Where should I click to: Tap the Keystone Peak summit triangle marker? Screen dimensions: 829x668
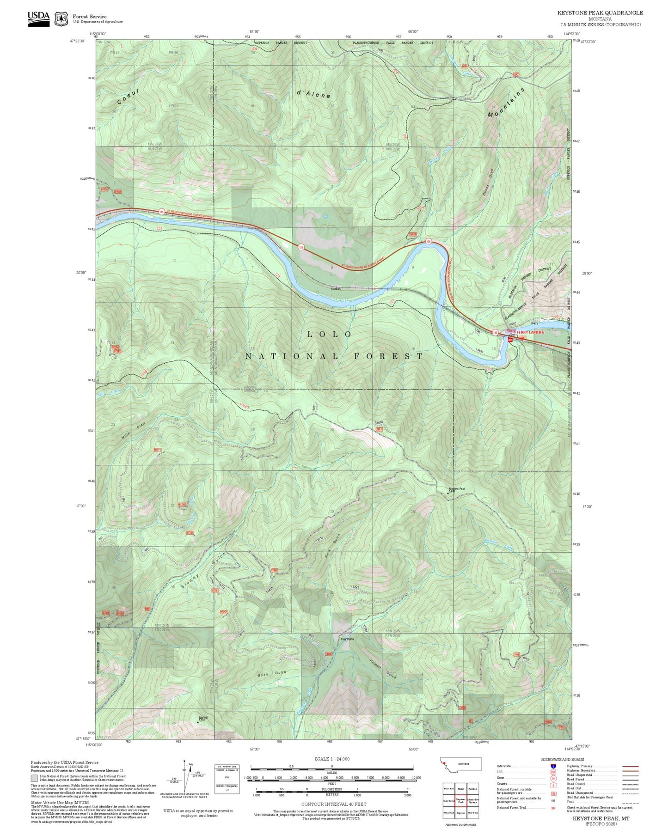point(447,493)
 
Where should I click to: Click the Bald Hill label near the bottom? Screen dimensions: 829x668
point(201,718)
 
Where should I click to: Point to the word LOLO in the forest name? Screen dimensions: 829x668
point(330,334)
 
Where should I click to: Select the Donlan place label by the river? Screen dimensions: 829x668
point(336,289)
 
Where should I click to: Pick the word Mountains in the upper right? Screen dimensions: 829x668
point(507,102)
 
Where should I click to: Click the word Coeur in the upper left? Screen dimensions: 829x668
point(128,96)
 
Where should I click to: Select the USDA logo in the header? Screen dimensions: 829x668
point(38,18)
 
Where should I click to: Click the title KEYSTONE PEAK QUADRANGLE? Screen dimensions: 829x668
point(600,13)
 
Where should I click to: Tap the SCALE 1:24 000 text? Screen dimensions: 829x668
point(331,759)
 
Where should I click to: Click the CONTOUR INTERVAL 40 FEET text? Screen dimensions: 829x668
point(331,804)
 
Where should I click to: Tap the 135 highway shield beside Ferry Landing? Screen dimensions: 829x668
point(495,332)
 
